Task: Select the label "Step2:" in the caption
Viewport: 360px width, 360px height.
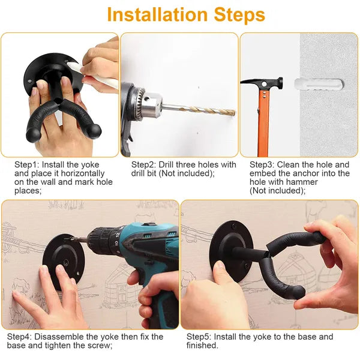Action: [x=144, y=164]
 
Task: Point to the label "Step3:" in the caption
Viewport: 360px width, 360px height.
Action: [x=262, y=164]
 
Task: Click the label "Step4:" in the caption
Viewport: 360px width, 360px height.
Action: [x=21, y=337]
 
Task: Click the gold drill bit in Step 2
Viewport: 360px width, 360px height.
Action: [x=198, y=109]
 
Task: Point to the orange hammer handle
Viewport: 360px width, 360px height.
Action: [x=262, y=120]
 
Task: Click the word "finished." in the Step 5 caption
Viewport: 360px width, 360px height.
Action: [x=202, y=346]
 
